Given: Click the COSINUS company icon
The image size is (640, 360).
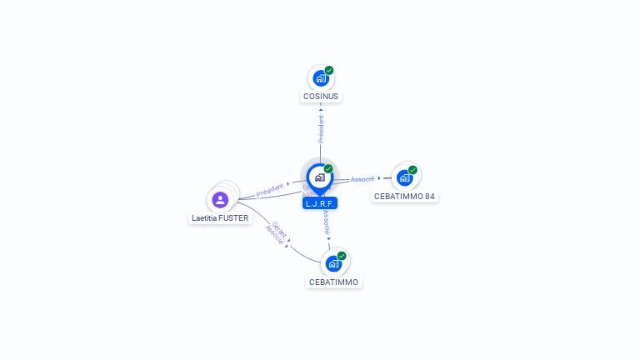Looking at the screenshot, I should pyautogui.click(x=320, y=79).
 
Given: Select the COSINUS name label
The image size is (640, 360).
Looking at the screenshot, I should pyautogui.click(x=321, y=97).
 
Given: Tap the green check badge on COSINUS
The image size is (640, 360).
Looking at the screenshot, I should pyautogui.click(x=329, y=71).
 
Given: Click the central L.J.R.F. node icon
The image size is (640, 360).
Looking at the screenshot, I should pyautogui.click(x=319, y=177).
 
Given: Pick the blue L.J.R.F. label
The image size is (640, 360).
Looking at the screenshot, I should pyautogui.click(x=320, y=202).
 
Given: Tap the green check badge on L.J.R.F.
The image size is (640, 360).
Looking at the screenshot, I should pyautogui.click(x=328, y=169).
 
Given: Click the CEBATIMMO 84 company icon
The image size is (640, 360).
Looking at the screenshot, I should pyautogui.click(x=404, y=177).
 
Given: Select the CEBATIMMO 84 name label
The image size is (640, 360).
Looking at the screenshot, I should pyautogui.click(x=404, y=197).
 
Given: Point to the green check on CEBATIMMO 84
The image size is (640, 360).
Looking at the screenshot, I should pyautogui.click(x=412, y=170).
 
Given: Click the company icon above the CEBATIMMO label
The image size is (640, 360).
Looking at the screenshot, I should pyautogui.click(x=333, y=263).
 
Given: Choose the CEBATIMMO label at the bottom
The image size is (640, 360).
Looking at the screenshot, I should pyautogui.click(x=333, y=282).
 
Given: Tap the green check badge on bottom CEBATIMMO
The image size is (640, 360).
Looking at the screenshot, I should pyautogui.click(x=342, y=256).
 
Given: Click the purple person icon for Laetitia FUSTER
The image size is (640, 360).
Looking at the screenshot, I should pyautogui.click(x=220, y=200).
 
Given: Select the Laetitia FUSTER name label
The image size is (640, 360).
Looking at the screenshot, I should pyautogui.click(x=220, y=218).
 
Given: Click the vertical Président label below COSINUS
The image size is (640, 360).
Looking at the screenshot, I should pyautogui.click(x=321, y=128).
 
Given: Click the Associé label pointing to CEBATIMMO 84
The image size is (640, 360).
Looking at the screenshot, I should pyautogui.click(x=362, y=178).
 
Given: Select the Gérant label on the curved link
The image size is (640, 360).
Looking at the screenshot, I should pyautogui.click(x=279, y=230).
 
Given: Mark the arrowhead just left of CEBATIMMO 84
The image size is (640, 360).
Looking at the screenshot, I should pyautogui.click(x=379, y=178).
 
